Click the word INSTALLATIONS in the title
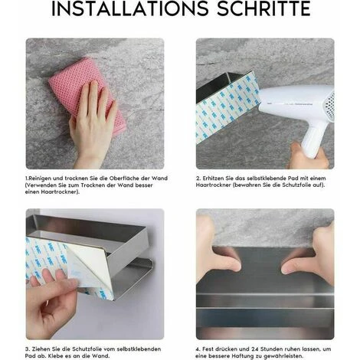130,8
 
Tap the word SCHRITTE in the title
263,8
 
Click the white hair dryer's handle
312,139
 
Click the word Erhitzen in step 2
212,178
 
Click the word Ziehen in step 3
41,349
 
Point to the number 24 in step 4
255,349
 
